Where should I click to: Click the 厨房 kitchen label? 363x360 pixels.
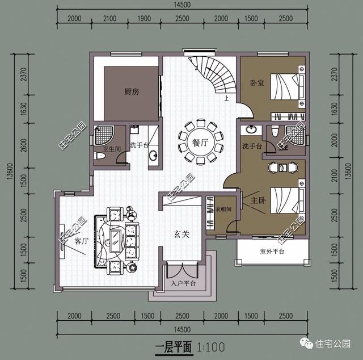pos(132,91)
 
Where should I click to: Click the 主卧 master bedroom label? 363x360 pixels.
pos(250,201)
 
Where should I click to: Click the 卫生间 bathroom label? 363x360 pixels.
pos(103,146)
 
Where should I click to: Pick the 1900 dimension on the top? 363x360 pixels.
pos(144,18)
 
